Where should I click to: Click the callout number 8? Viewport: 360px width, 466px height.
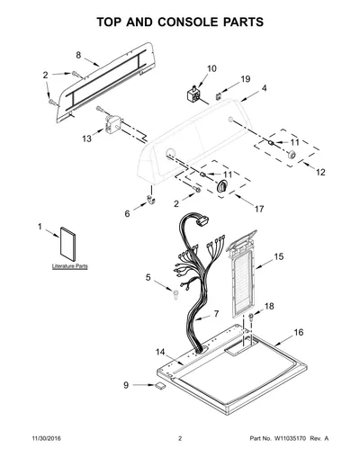[x=78, y=55]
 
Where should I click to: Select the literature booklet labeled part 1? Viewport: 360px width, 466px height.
[x=67, y=244]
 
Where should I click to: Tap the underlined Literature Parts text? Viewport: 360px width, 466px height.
[x=70, y=266]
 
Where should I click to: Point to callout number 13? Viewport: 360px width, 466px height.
[x=86, y=139]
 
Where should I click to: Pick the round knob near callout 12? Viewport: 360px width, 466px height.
[x=292, y=155]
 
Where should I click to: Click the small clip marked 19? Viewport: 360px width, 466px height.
[x=219, y=96]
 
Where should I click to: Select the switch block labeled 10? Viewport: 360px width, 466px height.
[x=193, y=94]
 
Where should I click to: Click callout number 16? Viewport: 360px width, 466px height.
[x=299, y=332]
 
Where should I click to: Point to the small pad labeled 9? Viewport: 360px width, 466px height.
[x=160, y=386]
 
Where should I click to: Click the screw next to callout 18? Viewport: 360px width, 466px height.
[x=251, y=317]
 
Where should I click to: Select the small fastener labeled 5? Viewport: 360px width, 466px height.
[x=175, y=294]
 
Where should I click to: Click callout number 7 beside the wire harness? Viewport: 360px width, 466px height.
[x=216, y=314]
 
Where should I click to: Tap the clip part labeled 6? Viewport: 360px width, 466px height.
[x=151, y=199]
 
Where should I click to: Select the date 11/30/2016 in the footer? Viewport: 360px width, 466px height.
[x=46, y=438]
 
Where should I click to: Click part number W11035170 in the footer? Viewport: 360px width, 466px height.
[x=290, y=438]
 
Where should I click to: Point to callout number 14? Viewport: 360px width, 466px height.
[x=160, y=352]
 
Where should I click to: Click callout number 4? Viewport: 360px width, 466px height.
[x=264, y=88]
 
